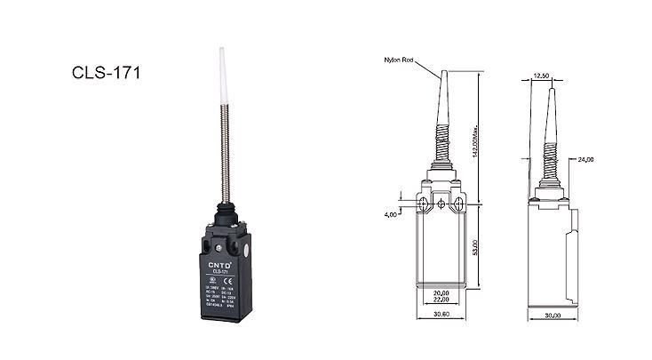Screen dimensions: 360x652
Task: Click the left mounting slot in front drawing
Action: [422, 205]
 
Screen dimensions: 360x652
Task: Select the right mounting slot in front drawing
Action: [459, 205]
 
